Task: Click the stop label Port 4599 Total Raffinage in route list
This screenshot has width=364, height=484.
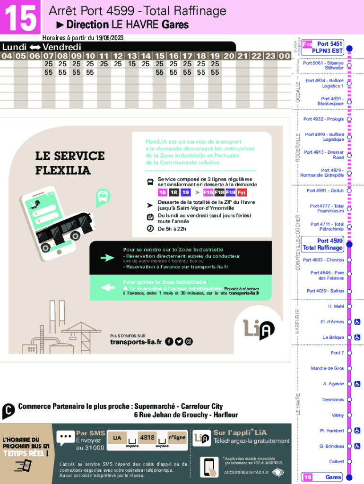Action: click(x=323, y=244)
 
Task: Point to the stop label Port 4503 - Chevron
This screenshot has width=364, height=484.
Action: click(x=323, y=260)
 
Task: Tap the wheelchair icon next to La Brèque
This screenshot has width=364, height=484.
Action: click(x=357, y=337)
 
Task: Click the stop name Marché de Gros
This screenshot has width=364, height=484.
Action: click(x=327, y=368)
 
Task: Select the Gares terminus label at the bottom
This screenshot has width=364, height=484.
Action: click(x=333, y=477)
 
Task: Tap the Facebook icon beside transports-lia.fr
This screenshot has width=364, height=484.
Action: click(x=169, y=342)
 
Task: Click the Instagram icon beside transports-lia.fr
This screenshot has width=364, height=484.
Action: click(x=189, y=342)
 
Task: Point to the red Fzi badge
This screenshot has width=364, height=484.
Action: click(x=242, y=192)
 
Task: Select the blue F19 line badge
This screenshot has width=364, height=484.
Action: click(x=231, y=192)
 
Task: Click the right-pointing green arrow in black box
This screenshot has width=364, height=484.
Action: click(x=107, y=258)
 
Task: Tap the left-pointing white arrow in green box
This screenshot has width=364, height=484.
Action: click(x=107, y=287)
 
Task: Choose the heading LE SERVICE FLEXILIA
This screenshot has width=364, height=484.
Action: click(x=69, y=163)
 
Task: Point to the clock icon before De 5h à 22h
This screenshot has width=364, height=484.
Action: click(x=150, y=229)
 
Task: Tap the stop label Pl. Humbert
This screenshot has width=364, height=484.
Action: click(x=332, y=431)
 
